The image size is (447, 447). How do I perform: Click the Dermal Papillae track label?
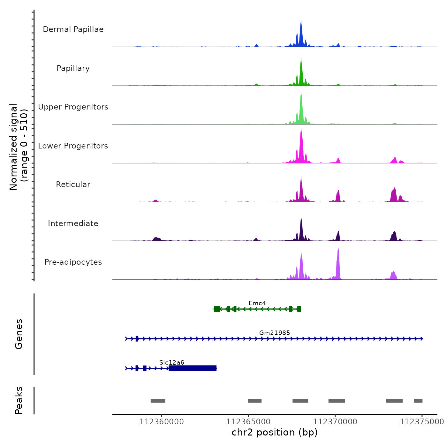(x=73, y=29)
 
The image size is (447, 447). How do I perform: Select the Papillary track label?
(x=73, y=68)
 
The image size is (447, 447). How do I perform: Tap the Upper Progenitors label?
(x=73, y=107)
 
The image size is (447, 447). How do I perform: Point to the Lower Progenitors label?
(x=73, y=146)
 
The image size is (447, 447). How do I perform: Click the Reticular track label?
(x=73, y=185)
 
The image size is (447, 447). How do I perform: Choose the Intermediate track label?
(x=73, y=223)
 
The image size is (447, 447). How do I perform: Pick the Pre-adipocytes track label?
(x=73, y=262)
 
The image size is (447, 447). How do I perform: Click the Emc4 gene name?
(x=257, y=303)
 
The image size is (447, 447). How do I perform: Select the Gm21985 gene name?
(x=275, y=333)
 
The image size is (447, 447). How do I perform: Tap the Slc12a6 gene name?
(x=172, y=362)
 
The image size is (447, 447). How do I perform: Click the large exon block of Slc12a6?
(x=193, y=368)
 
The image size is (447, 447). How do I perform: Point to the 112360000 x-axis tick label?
(x=162, y=422)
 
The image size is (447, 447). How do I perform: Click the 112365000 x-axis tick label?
(x=248, y=422)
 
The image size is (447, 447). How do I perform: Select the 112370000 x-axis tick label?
(x=335, y=422)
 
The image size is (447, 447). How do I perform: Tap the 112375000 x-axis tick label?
(x=422, y=422)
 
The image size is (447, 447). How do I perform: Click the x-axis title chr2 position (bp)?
(x=275, y=432)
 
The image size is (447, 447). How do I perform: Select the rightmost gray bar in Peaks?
(x=418, y=401)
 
